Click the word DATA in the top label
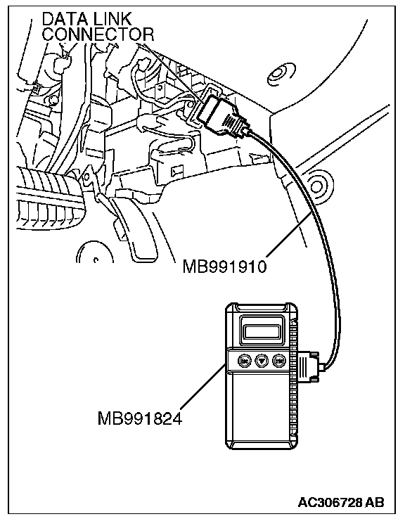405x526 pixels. pyautogui.click(x=63, y=20)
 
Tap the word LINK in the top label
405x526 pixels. pyautogui.click(x=112, y=20)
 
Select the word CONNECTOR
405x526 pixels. pyautogui.click(x=98, y=34)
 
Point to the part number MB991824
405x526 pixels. pyautogui.click(x=140, y=418)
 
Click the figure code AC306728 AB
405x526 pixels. pyautogui.click(x=341, y=503)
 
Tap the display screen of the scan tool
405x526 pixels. pyautogui.click(x=262, y=331)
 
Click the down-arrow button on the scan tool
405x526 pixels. pyautogui.click(x=262, y=361)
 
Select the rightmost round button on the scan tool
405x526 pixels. pyautogui.click(x=278, y=361)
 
